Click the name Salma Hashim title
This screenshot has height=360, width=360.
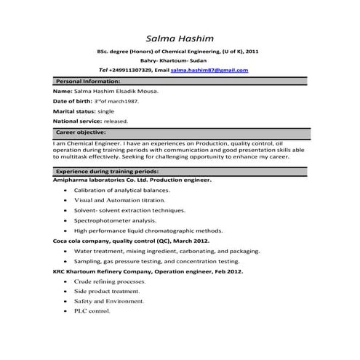(x=180, y=38)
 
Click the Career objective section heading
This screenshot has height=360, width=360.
(x=81, y=134)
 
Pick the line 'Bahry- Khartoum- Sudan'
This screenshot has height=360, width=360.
(x=180, y=61)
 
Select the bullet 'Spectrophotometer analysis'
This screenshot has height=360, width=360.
(x=115, y=219)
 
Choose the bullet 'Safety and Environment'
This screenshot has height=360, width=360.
(x=108, y=300)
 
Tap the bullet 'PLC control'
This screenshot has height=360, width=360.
(x=92, y=311)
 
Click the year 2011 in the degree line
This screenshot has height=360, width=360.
(x=251, y=52)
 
